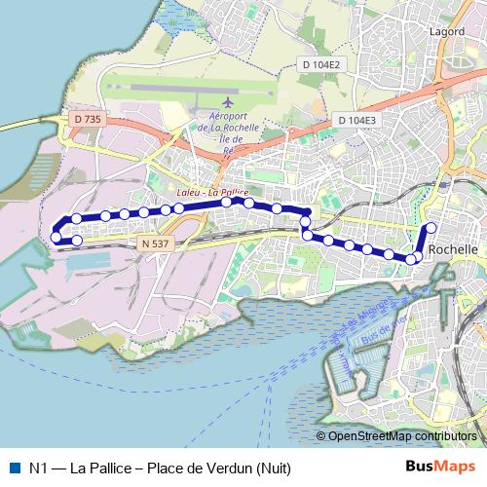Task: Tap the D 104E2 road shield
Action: pyautogui.click(x=321, y=65)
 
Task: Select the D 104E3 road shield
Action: pyautogui.click(x=357, y=120)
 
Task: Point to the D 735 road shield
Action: pyautogui.click(x=86, y=119)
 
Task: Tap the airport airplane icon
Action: pyautogui.click(x=229, y=102)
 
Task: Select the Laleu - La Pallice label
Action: pyautogui.click(x=211, y=193)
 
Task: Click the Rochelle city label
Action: pyautogui.click(x=453, y=249)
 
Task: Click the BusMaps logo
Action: pyautogui.click(x=440, y=467)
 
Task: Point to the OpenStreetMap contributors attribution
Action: pyautogui.click(x=401, y=436)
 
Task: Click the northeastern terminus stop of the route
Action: pyautogui.click(x=431, y=228)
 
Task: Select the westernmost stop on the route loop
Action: pyautogui.click(x=56, y=237)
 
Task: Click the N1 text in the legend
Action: pyautogui.click(x=39, y=468)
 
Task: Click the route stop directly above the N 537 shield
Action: pyautogui.click(x=161, y=209)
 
